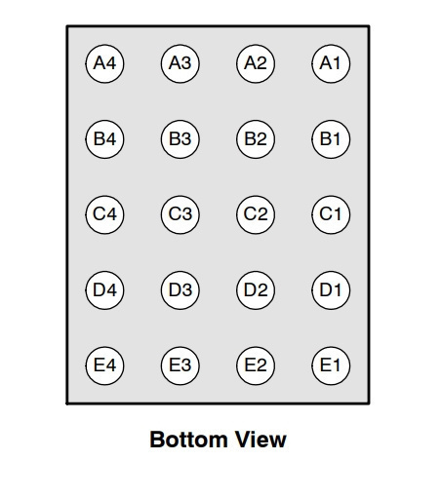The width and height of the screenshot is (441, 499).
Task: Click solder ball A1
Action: pyautogui.click(x=331, y=63)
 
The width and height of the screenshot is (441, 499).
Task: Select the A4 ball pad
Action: pyautogui.click(x=104, y=63)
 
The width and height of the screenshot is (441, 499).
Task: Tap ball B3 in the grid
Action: pyautogui.click(x=180, y=139)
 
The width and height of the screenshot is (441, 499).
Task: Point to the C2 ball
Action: pyautogui.click(x=256, y=214)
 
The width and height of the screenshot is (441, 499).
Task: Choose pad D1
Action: pyautogui.click(x=331, y=290)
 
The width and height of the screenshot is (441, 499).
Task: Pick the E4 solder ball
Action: pyautogui.click(x=104, y=365)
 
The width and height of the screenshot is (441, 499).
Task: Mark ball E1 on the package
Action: pyautogui.click(x=331, y=365)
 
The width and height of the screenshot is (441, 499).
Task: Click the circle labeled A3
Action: pyautogui.click(x=180, y=63)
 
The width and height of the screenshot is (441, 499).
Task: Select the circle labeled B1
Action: pyautogui.click(x=331, y=139)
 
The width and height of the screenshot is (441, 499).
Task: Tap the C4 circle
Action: pyautogui.click(x=104, y=214)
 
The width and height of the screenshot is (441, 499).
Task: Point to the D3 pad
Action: pyautogui.click(x=180, y=290)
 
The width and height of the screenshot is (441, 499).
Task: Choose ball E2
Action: pyautogui.click(x=256, y=365)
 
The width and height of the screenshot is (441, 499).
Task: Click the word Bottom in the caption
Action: pyautogui.click(x=188, y=440)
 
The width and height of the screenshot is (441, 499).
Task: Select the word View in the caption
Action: pyautogui.click(x=261, y=440)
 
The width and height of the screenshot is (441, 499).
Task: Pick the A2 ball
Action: pyautogui.click(x=256, y=63)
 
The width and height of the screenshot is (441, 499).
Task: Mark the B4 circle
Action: pyautogui.click(x=104, y=139)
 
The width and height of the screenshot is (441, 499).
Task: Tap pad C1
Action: pyautogui.click(x=331, y=214)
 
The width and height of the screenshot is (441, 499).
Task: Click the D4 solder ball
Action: pyautogui.click(x=104, y=290)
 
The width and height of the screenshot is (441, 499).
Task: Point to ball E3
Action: pyautogui.click(x=180, y=365)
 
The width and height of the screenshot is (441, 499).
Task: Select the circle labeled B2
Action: pyautogui.click(x=256, y=139)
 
